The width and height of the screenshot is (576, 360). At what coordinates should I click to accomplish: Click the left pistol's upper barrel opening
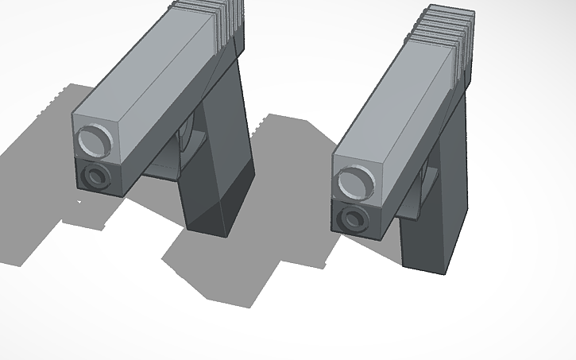click(95, 141)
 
